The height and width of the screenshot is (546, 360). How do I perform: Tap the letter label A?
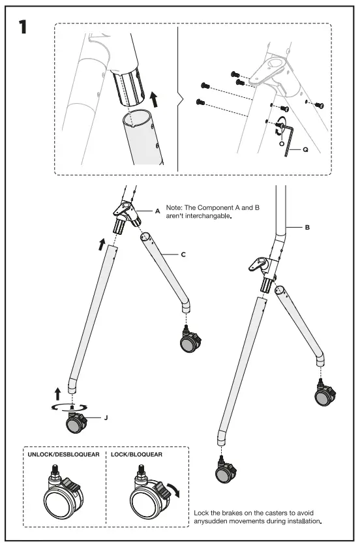coord(157,211)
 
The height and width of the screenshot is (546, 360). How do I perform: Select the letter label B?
coord(306,228)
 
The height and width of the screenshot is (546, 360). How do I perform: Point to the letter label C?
coord(183,254)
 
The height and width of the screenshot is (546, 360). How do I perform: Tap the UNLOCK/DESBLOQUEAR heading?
coord(63,453)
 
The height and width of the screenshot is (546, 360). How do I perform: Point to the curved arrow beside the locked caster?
coord(175,489)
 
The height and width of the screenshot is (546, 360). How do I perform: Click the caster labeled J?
coord(76,422)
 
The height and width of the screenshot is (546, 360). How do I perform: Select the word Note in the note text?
coord(175,207)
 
